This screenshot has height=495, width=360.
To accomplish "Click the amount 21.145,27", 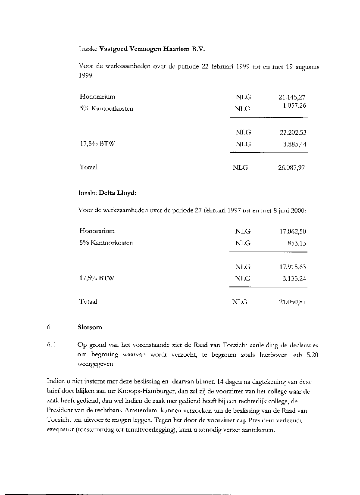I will pos(292,98).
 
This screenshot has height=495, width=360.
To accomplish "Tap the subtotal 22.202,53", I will pos(292,133).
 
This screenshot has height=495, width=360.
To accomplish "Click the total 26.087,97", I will pos(292,168).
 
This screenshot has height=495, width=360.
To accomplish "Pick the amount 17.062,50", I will pos(292,231).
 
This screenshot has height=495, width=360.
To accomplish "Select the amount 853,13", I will pos(297,243).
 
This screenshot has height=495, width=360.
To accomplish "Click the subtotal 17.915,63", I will pos(292,267).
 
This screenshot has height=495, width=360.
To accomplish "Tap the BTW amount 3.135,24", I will pos(294,279).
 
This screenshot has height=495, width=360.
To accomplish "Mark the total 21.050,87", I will pos(292,302).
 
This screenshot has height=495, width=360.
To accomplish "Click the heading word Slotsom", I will pos(90,327).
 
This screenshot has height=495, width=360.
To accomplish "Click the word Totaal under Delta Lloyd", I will pos(88,302).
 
